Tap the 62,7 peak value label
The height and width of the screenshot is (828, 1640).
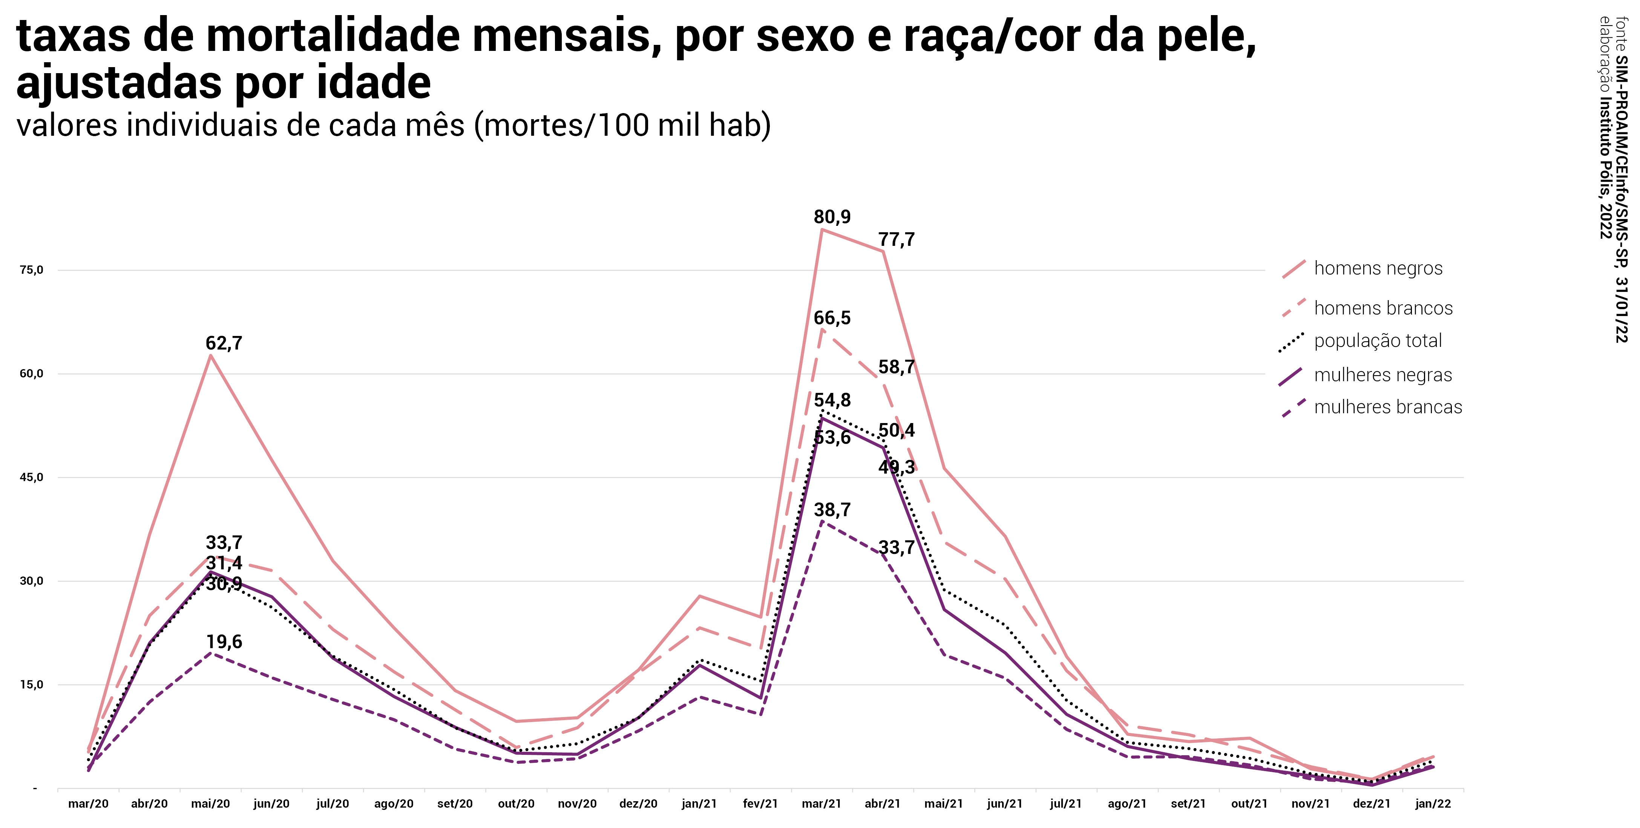coord(224,343)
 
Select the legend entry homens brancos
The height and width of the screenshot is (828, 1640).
coord(1383,308)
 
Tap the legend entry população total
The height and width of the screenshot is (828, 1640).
coord(1378,341)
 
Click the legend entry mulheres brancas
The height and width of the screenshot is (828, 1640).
coord(1388,407)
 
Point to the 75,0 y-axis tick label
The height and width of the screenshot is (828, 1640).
coord(31,270)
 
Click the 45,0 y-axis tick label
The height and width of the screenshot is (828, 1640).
coord(31,477)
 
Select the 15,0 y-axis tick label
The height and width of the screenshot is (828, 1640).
coord(31,685)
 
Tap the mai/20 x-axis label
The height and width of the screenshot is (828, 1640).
coord(210,804)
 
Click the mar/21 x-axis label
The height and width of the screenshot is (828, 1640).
coord(821,804)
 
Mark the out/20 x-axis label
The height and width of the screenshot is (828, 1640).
coord(516,804)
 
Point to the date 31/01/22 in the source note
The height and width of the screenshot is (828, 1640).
coord(1621,309)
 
